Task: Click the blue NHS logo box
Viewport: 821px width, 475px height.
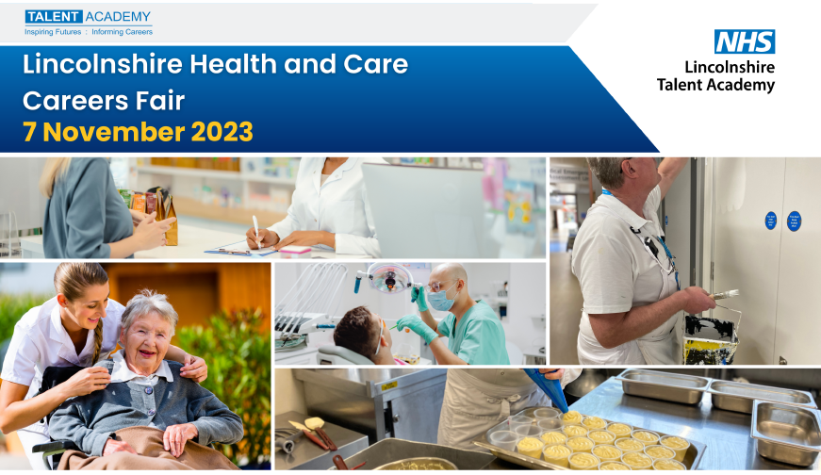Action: click(745, 41)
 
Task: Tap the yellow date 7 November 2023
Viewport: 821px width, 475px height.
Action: click(138, 132)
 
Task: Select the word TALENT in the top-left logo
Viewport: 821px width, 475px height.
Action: click(54, 17)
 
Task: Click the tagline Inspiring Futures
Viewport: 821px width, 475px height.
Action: click(53, 32)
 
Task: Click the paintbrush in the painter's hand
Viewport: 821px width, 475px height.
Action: click(724, 295)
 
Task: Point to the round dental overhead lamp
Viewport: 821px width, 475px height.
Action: click(389, 278)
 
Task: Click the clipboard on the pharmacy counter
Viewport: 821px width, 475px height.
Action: click(239, 251)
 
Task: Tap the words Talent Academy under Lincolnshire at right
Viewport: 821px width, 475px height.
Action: click(715, 85)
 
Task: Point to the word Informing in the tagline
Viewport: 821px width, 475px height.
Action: click(107, 32)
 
